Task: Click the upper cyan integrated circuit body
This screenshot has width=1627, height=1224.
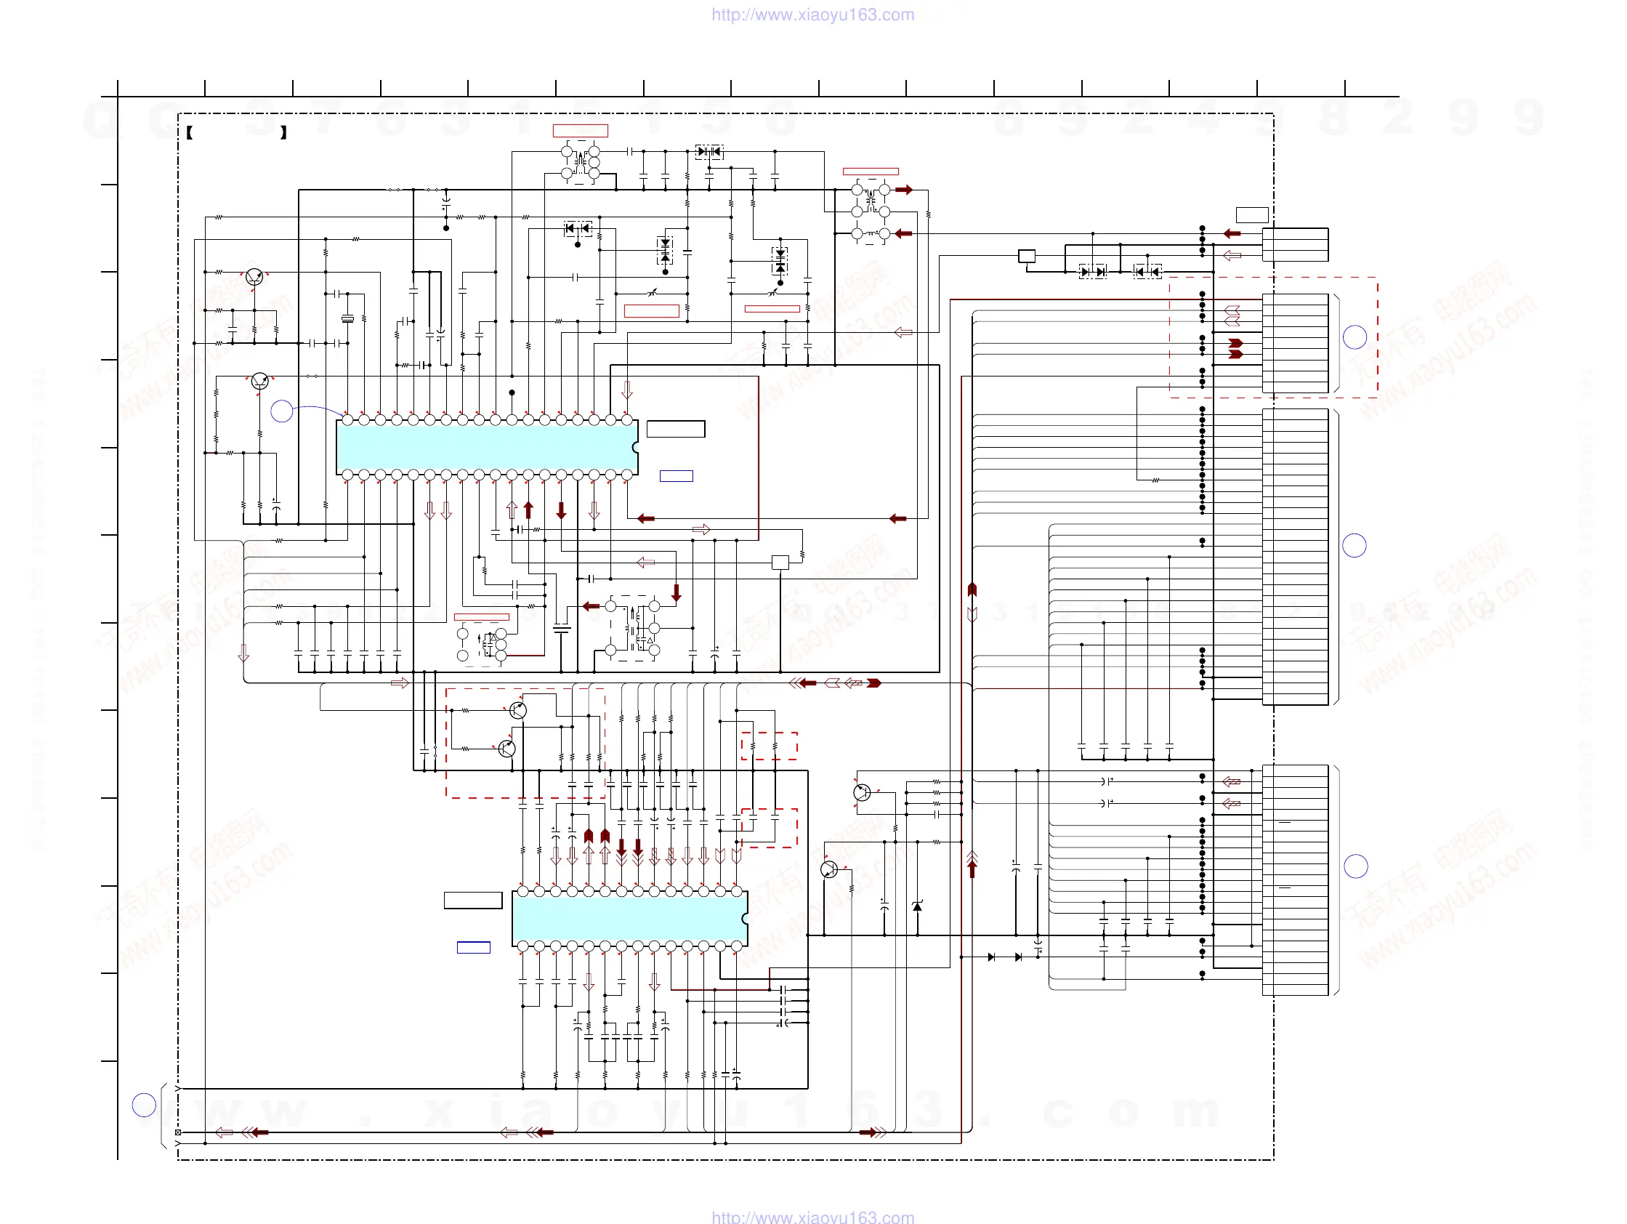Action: pyautogui.click(x=485, y=447)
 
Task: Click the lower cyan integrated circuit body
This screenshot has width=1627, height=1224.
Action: pyautogui.click(x=629, y=918)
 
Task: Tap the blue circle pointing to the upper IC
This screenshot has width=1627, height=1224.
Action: pyautogui.click(x=282, y=411)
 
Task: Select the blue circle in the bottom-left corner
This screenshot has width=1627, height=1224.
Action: pyautogui.click(x=144, y=1104)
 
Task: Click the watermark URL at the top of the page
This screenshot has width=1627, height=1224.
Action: pyautogui.click(x=812, y=15)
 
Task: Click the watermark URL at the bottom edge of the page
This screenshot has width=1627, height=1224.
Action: pyautogui.click(x=812, y=1217)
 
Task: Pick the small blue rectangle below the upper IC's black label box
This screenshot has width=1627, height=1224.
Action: pyautogui.click(x=676, y=476)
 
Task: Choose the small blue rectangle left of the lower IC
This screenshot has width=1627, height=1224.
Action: pyautogui.click(x=474, y=947)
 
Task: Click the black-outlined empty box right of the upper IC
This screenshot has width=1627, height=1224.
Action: pyautogui.click(x=675, y=429)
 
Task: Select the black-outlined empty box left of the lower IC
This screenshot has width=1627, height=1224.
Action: pyautogui.click(x=473, y=900)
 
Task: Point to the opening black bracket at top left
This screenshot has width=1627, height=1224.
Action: pyautogui.click(x=190, y=132)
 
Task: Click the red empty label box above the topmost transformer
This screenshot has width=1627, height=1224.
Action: pyautogui.click(x=581, y=131)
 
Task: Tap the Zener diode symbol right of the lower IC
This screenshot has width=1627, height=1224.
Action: pyautogui.click(x=917, y=906)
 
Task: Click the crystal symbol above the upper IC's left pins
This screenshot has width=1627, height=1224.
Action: pyautogui.click(x=347, y=318)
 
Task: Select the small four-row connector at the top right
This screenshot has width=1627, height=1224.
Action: pyautogui.click(x=1294, y=244)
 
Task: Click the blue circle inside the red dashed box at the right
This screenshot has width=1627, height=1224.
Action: pyautogui.click(x=1354, y=337)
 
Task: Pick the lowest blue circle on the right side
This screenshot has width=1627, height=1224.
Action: pyautogui.click(x=1355, y=866)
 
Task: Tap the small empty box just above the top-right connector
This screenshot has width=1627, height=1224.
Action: pyautogui.click(x=1252, y=215)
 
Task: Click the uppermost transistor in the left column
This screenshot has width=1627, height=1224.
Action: pyautogui.click(x=254, y=278)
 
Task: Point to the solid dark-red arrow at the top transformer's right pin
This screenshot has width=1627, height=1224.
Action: pyautogui.click(x=904, y=190)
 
